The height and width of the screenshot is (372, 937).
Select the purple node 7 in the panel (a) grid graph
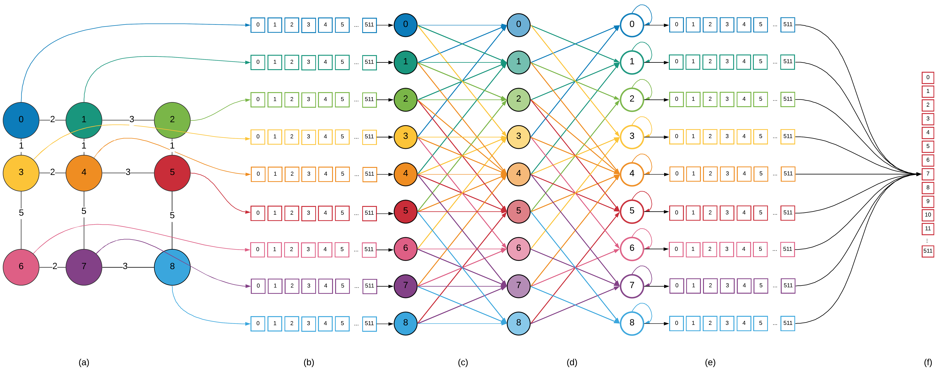[x=84, y=267]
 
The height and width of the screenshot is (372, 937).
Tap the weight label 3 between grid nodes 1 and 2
[x=132, y=119]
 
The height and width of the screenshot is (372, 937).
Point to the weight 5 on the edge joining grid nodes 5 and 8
[x=172, y=215]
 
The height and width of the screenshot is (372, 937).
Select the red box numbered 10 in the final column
[x=928, y=215]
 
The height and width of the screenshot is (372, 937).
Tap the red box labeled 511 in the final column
[x=928, y=251]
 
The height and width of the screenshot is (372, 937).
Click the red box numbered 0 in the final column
[x=928, y=77]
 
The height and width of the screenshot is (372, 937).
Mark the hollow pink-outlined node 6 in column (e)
[x=632, y=249]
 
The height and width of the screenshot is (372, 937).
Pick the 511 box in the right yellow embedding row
[x=788, y=137]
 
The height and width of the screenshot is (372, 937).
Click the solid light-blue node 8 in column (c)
[x=406, y=323]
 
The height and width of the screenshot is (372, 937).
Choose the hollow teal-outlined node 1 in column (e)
[x=632, y=62]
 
